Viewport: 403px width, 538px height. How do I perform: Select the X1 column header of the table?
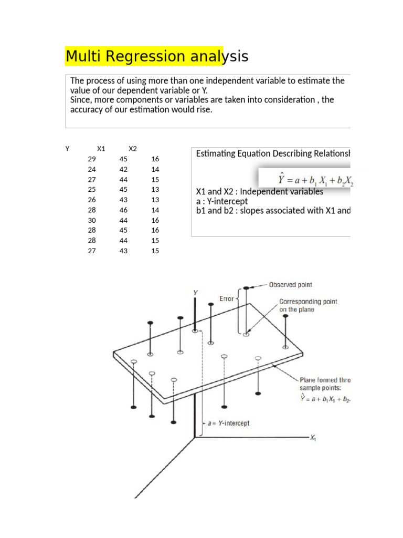pyautogui.click(x=101, y=149)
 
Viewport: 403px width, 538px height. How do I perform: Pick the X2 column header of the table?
pyautogui.click(x=133, y=149)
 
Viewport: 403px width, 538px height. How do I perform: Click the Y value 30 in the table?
pyautogui.click(x=92, y=220)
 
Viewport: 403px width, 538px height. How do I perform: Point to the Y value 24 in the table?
pyautogui.click(x=92, y=169)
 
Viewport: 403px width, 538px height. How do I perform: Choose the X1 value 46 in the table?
pyautogui.click(x=123, y=210)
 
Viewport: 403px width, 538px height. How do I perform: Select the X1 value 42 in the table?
pyautogui.click(x=123, y=169)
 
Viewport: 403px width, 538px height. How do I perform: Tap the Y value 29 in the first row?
pyautogui.click(x=92, y=159)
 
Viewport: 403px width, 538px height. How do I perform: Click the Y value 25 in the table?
pyautogui.click(x=92, y=190)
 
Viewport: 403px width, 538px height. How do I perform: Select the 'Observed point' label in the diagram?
pyautogui.click(x=290, y=285)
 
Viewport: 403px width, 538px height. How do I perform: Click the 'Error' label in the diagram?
pyautogui.click(x=227, y=299)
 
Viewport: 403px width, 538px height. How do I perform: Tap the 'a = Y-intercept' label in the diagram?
pyautogui.click(x=227, y=423)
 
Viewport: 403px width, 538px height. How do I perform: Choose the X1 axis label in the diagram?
pyautogui.click(x=313, y=438)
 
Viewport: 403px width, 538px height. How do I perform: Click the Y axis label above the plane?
pyautogui.click(x=196, y=292)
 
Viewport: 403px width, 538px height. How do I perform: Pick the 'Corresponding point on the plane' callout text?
pyautogui.click(x=308, y=305)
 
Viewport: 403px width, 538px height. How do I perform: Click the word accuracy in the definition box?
pyautogui.click(x=87, y=110)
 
